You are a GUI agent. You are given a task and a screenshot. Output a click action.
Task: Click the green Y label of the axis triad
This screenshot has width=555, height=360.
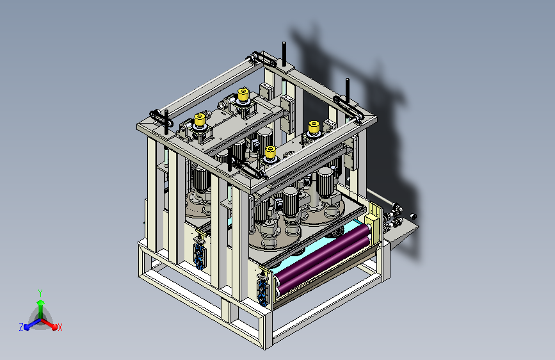click(x=40, y=293)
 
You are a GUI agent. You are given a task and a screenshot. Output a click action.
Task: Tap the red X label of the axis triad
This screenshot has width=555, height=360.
click(x=60, y=327)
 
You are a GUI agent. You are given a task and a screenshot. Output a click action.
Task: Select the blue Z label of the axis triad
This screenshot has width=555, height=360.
click(x=21, y=327)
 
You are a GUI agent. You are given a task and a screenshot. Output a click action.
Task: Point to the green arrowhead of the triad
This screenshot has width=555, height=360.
click(x=41, y=303)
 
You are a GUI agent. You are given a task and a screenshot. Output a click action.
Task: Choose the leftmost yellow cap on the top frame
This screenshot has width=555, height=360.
click(x=200, y=120)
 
